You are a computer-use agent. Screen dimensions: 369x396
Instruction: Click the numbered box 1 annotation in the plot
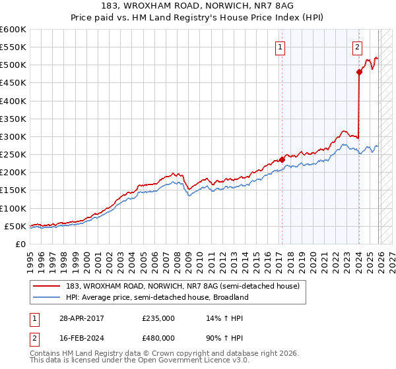coord(280,47)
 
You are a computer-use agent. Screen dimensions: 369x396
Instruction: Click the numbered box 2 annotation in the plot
coord(357,47)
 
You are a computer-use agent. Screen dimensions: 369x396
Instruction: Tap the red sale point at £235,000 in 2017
coord(282,159)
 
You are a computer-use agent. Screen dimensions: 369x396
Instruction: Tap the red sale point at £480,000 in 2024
coord(359,72)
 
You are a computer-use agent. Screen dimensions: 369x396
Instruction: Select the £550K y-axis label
coord(14,47)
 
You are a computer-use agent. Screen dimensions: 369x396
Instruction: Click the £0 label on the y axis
coord(20,244)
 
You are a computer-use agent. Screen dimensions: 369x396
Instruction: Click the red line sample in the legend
coord(48,286)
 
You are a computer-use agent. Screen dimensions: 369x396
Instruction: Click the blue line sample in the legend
coord(48,298)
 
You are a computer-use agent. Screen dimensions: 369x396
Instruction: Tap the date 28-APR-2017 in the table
coord(81,318)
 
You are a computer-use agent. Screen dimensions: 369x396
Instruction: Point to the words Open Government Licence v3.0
coord(186,360)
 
